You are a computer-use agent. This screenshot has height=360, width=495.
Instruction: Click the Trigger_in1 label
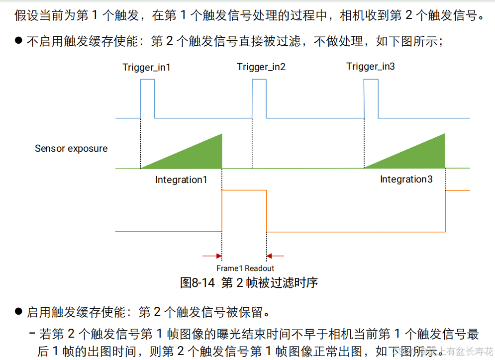click(x=147, y=67)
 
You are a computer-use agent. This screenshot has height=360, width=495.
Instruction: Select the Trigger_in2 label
click(x=261, y=67)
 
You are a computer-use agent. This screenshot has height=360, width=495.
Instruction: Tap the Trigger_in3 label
click(x=371, y=67)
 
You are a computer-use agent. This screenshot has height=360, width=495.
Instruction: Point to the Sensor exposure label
click(x=71, y=148)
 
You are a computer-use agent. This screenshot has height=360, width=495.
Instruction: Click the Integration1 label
click(x=181, y=180)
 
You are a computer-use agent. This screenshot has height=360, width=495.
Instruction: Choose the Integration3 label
click(x=406, y=179)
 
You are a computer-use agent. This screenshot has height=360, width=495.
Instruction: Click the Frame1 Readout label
click(x=245, y=268)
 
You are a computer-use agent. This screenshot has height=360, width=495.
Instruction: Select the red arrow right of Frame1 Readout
click(x=276, y=256)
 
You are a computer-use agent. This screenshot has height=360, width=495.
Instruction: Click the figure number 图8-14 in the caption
click(x=197, y=283)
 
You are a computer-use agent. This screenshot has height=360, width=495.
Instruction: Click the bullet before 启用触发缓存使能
click(x=18, y=312)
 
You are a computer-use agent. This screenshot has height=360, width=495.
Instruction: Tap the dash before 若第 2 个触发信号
click(x=32, y=333)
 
